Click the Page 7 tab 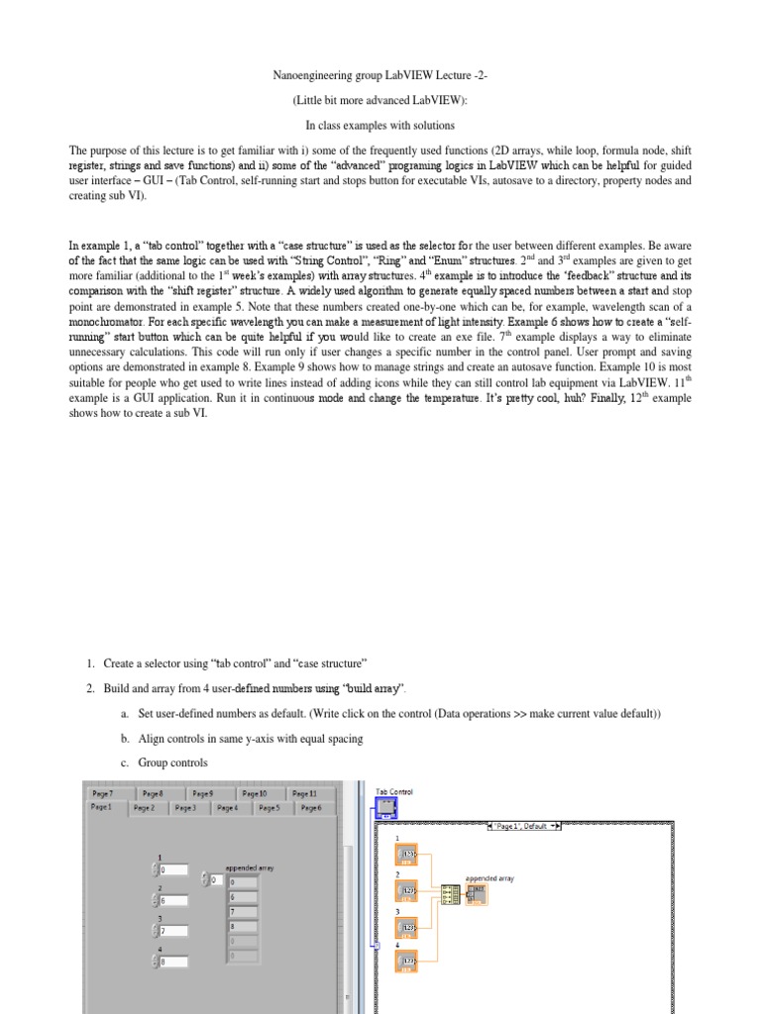click(103, 793)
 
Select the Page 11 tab click(305, 793)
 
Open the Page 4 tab click(227, 808)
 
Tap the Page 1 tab click(102, 808)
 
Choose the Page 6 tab click(310, 808)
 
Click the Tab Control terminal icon click(386, 809)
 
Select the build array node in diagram click(451, 893)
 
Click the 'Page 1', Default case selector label click(525, 825)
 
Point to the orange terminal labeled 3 click(407, 927)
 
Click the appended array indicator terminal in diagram click(478, 893)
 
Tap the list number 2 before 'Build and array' click(89, 687)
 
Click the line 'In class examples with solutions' click(380, 125)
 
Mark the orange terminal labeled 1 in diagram click(407, 854)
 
